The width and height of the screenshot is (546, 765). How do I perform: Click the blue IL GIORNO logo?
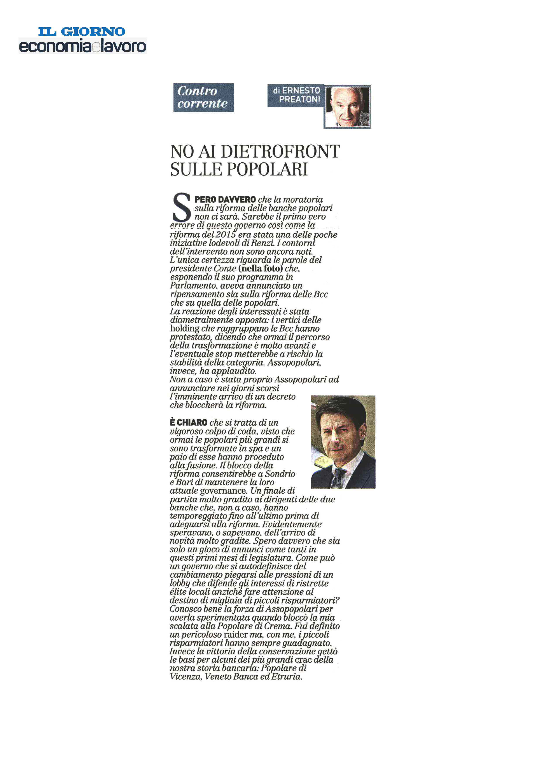(81, 31)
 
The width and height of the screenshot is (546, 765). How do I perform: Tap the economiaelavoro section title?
(82, 46)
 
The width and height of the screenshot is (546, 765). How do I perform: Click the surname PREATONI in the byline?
(299, 99)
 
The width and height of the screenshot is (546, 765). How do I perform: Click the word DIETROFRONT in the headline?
(280, 152)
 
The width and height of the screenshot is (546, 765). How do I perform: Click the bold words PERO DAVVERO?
(225, 200)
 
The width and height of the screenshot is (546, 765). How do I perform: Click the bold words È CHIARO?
(189, 423)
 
